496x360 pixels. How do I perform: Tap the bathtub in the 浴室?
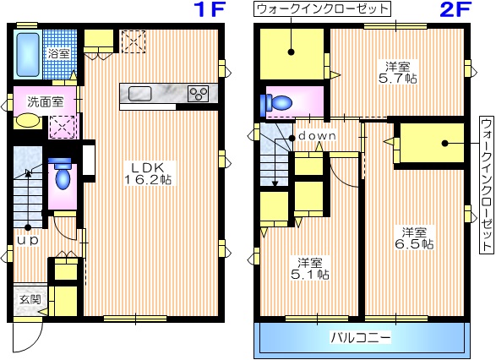(x=28, y=53)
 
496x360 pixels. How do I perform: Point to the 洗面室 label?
(x=45, y=101)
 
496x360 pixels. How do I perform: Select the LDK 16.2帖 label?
(x=151, y=172)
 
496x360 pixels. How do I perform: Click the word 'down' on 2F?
(x=317, y=135)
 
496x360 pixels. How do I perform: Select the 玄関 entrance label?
(x=28, y=300)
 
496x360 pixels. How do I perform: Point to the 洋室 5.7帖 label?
(x=399, y=72)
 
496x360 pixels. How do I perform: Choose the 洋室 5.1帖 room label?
(x=313, y=267)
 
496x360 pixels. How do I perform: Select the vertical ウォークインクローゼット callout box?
(x=486, y=184)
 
